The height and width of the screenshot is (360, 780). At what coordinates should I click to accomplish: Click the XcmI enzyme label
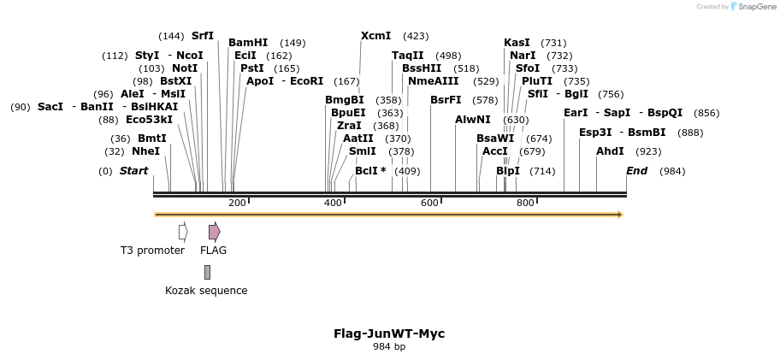point(376,36)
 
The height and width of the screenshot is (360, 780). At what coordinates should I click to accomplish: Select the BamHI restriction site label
point(248,43)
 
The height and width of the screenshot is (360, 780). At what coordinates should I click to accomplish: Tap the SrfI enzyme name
point(203,36)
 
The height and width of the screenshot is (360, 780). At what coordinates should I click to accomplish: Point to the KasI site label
point(517,43)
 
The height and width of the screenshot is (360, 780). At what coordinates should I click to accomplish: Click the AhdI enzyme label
point(610,151)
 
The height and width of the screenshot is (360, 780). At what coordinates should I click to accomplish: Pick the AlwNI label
point(473,120)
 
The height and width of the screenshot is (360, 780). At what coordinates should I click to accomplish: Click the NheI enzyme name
point(145,151)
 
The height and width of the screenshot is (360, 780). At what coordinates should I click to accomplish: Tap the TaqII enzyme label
point(408,56)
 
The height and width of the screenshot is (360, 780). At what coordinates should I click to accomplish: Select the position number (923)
point(649,151)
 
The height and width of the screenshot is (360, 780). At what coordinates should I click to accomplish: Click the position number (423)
point(416,36)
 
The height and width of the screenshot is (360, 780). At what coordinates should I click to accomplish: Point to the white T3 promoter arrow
point(183,232)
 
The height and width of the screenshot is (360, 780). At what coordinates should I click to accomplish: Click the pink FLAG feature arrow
point(214,232)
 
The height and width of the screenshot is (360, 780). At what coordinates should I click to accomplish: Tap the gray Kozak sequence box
point(207,272)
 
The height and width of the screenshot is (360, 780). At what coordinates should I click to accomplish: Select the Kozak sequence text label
point(206,291)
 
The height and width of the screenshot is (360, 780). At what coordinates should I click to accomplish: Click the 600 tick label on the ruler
point(429,203)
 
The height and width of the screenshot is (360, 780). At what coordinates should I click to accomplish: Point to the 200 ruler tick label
point(237,203)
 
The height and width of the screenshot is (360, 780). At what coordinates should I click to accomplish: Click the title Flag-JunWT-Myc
point(389,333)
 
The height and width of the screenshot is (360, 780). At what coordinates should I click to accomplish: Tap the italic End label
point(636,171)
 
